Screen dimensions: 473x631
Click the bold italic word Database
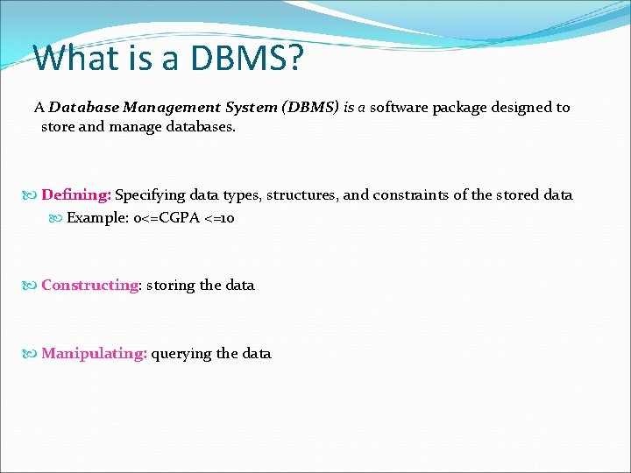click(x=84, y=108)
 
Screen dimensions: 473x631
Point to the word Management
click(x=172, y=108)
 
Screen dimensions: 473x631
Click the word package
click(x=461, y=108)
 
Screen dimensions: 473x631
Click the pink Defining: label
click(x=76, y=195)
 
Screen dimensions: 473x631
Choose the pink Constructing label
click(x=89, y=285)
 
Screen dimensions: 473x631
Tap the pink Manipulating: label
click(x=94, y=354)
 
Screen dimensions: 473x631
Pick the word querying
click(x=181, y=354)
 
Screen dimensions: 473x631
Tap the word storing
click(x=171, y=285)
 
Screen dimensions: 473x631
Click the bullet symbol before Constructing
click(x=32, y=286)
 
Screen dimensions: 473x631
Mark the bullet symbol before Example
click(x=58, y=218)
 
